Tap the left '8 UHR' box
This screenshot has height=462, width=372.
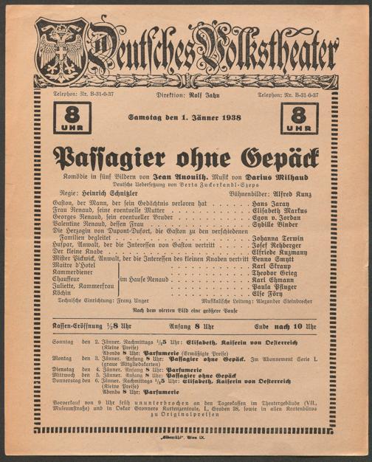click(x=72, y=117)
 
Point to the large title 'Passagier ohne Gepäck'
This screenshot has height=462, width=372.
click(x=185, y=156)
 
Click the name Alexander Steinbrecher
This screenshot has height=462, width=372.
click(x=285, y=323)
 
